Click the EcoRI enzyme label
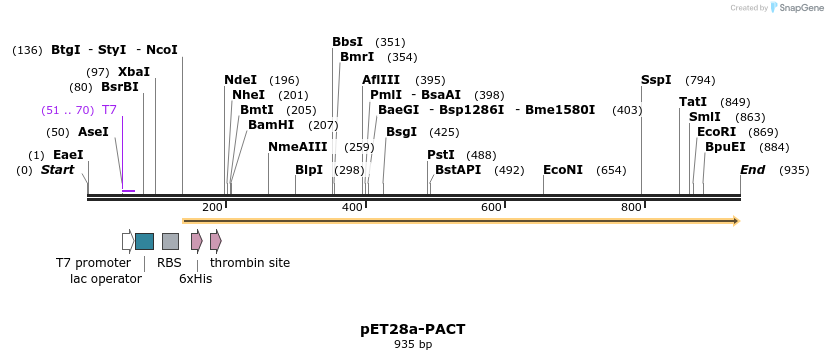(x=716, y=132)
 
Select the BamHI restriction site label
(x=271, y=125)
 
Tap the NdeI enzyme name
(x=240, y=80)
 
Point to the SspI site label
(x=657, y=80)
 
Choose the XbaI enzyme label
(x=134, y=72)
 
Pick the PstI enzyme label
(x=441, y=155)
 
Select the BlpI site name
(x=309, y=170)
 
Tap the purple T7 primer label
(x=110, y=110)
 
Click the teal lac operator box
(x=144, y=241)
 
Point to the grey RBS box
(x=170, y=241)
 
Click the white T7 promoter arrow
(x=128, y=241)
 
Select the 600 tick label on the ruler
(x=491, y=207)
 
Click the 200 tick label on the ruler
(x=212, y=207)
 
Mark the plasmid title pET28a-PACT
(x=413, y=329)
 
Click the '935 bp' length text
(x=413, y=344)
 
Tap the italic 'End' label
(x=753, y=170)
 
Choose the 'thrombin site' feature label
(x=250, y=263)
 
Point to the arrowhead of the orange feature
(x=735, y=220)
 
